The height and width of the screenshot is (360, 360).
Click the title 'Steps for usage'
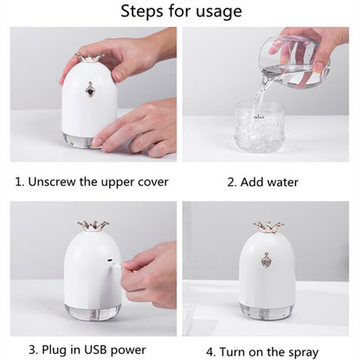[x=180, y=11]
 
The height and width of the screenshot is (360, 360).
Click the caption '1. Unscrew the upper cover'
[x=92, y=182]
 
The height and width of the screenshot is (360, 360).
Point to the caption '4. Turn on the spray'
[x=268, y=350]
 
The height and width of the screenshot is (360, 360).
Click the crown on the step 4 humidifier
[x=268, y=227]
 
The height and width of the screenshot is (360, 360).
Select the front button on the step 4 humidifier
[x=268, y=260]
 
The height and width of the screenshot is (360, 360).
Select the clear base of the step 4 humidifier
[x=267, y=311]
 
